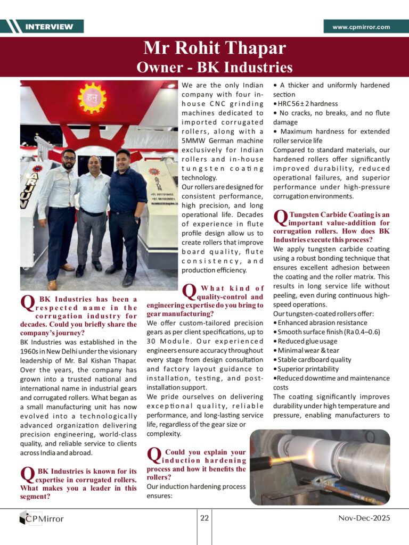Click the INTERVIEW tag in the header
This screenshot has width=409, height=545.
click(x=49, y=27)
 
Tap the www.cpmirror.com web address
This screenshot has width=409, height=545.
click(x=361, y=27)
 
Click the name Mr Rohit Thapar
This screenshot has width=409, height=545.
click(x=214, y=49)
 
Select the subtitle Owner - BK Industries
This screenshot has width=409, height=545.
click(x=214, y=67)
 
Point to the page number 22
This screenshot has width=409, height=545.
click(x=204, y=517)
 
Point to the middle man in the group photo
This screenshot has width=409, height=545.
click(x=91, y=213)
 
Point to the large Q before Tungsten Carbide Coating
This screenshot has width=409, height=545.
click(x=280, y=218)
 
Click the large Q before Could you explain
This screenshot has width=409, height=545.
click(x=153, y=455)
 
